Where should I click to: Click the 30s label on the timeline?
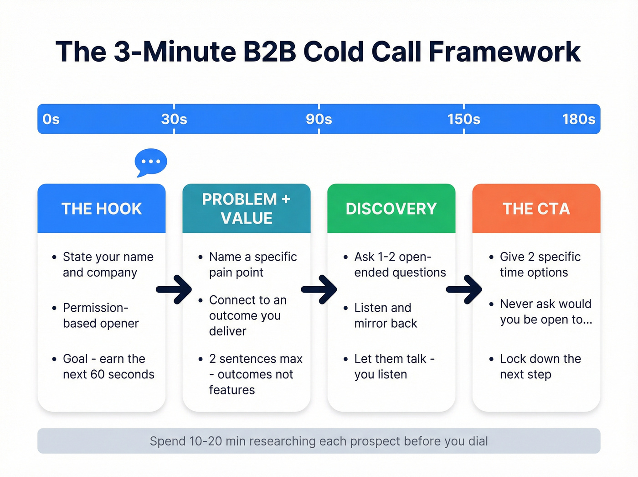[x=174, y=119]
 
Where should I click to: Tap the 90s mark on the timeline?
[x=319, y=119]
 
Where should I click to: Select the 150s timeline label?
[x=463, y=119]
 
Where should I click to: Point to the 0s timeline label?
[x=51, y=119]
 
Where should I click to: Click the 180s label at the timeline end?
[x=578, y=119]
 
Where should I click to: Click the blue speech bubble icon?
[x=151, y=162]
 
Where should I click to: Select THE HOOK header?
[x=102, y=209]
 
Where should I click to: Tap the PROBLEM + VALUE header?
[x=247, y=209]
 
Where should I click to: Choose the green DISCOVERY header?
[x=391, y=209]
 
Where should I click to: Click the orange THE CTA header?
[x=536, y=209]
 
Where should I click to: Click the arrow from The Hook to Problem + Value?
[x=174, y=289]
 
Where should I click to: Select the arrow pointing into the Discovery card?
[x=319, y=289]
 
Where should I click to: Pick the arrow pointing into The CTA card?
[x=464, y=289]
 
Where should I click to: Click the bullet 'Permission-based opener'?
[x=101, y=315]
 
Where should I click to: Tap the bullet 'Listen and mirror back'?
[x=386, y=315]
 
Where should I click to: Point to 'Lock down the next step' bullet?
[x=540, y=367]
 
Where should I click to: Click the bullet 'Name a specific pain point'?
[x=252, y=265]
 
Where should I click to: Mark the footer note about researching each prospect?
[x=319, y=441]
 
